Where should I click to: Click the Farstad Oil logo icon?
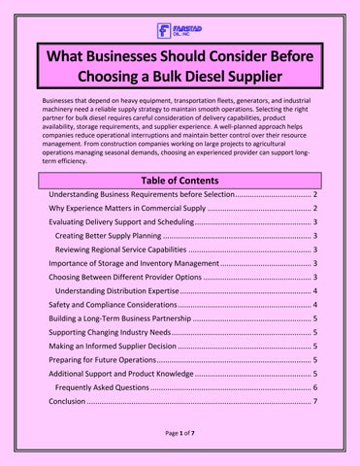pyautogui.click(x=164, y=31)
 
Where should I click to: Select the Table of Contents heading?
pyautogui.click(x=180, y=181)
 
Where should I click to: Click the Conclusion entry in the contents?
pyautogui.click(x=67, y=401)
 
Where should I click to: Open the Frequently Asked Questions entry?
pyautogui.click(x=102, y=387)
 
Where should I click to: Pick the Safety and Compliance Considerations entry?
pyautogui.click(x=113, y=305)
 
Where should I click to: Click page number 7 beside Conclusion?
pyautogui.click(x=315, y=401)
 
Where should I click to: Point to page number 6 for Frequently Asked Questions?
pyautogui.click(x=315, y=387)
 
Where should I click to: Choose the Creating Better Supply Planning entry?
pyautogui.click(x=108, y=236)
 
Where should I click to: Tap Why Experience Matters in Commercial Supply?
pyautogui.click(x=127, y=208)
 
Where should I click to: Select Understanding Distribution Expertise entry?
pyautogui.click(x=117, y=291)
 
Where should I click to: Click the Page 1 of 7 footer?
pyautogui.click(x=180, y=433)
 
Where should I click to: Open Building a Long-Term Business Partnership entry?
pyautogui.click(x=120, y=318)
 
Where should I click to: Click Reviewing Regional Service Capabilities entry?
pyautogui.click(x=120, y=250)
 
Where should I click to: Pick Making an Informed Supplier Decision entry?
pyautogui.click(x=113, y=346)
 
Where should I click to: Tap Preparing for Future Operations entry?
pyautogui.click(x=103, y=360)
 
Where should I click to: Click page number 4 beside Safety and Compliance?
pyautogui.click(x=315, y=305)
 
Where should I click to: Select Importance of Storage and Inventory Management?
pyautogui.click(x=134, y=263)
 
